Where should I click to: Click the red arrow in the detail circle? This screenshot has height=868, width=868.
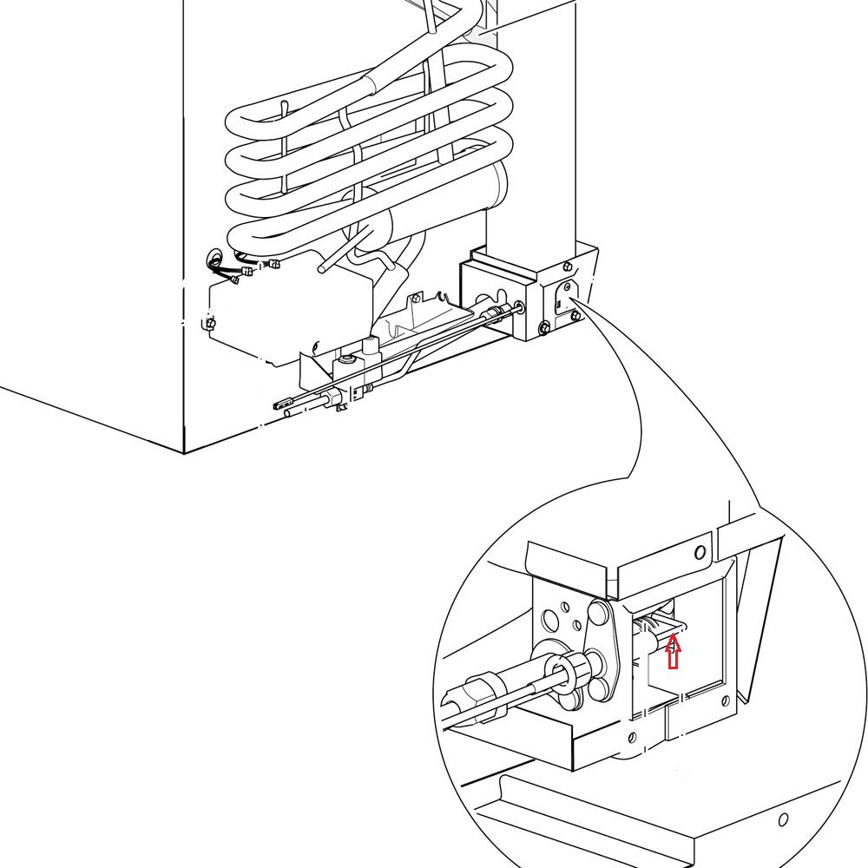(673, 653)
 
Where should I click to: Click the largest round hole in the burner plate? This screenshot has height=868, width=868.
(550, 621)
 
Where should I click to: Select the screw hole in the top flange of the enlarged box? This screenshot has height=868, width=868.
(700, 552)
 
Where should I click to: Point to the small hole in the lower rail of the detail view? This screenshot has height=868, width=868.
(783, 819)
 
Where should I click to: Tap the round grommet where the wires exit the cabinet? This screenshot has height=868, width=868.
(214, 259)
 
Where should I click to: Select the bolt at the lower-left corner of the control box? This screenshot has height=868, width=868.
(208, 324)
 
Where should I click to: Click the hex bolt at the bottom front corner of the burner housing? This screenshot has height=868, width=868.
(544, 327)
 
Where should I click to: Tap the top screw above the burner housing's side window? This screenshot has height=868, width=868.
(568, 265)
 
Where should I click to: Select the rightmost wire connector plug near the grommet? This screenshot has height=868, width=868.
(274, 264)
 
